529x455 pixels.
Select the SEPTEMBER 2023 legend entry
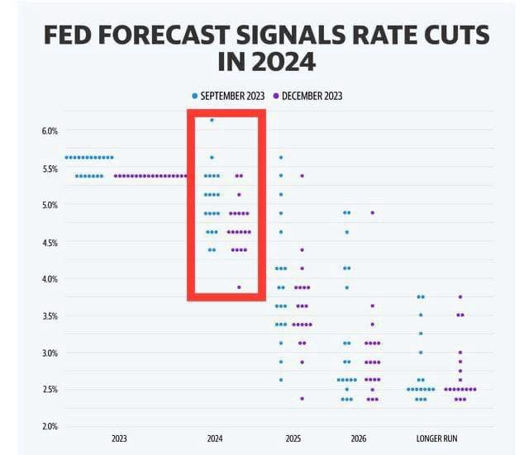tap(228, 96)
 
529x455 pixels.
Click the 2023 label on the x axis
tap(119, 438)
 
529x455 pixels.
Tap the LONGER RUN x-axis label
tap(436, 438)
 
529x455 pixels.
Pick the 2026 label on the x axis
tap(358, 438)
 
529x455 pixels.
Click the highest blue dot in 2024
tap(212, 121)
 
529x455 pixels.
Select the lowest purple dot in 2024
tap(239, 287)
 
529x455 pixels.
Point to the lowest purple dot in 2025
tap(302, 398)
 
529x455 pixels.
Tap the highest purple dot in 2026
tap(373, 212)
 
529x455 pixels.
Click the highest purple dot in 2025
tap(302, 176)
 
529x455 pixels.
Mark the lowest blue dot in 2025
tap(281, 380)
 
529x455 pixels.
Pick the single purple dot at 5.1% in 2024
tap(239, 195)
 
